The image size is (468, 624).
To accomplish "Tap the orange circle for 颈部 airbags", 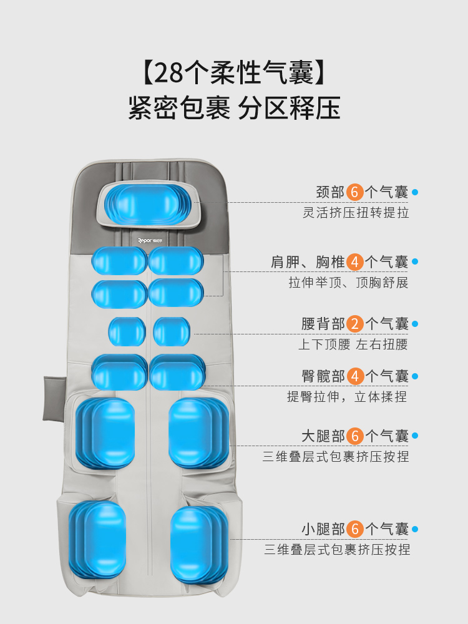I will tap(356, 192).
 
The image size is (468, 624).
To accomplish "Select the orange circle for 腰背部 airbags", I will tap(356, 324).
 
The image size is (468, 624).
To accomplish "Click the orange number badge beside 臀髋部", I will tap(356, 376).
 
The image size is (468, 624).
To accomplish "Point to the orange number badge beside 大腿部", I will tap(356, 436).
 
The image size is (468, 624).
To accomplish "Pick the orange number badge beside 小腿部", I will tap(356, 529).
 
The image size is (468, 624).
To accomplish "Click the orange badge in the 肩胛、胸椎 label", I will tap(356, 261).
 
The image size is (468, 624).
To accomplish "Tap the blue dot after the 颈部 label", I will tap(415, 192).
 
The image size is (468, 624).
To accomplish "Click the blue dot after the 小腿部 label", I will tap(415, 530).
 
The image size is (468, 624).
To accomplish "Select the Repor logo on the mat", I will tap(150, 238).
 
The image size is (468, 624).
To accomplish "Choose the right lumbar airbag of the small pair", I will tap(171, 331).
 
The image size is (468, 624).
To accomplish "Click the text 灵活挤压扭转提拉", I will tap(356, 213).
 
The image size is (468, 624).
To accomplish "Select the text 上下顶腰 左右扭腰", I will tap(353, 344).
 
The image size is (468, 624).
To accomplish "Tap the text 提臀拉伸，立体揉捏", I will tap(347, 397).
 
